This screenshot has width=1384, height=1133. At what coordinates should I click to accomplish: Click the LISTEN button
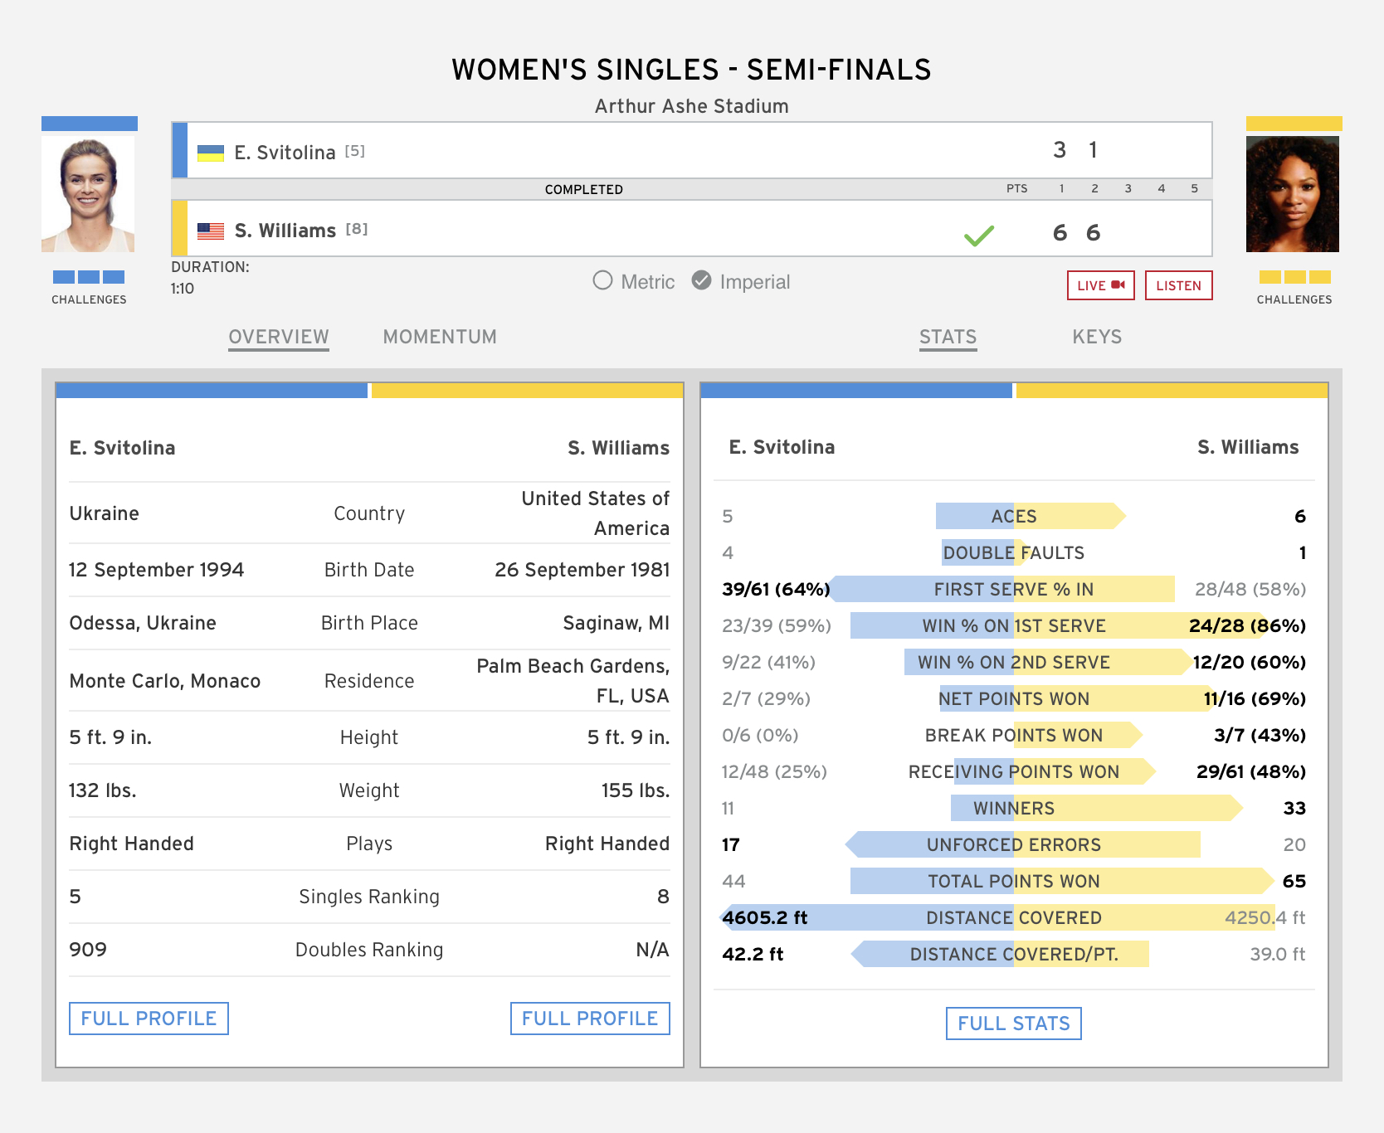1178,285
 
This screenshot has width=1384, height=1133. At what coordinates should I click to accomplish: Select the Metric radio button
603,281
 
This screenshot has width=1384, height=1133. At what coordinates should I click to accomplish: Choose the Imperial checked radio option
702,281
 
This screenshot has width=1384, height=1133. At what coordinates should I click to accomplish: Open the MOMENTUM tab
440,337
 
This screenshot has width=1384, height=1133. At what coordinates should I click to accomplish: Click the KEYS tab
1097,337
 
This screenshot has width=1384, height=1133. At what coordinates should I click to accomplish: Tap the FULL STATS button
1013,1024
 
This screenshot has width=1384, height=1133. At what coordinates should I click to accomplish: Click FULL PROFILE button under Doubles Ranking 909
149,1019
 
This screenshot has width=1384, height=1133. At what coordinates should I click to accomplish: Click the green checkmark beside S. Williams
979,236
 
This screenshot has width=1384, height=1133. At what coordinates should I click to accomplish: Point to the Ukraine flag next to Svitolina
211,153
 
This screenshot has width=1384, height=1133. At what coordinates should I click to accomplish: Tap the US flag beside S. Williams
211,231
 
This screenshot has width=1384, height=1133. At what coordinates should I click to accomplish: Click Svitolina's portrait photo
88,194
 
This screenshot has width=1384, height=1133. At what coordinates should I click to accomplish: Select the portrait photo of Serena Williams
1293,194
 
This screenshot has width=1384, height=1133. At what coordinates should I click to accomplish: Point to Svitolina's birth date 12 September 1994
156,570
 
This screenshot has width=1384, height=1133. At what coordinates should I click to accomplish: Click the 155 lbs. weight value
635,790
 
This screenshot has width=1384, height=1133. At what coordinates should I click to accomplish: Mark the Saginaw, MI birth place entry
616,623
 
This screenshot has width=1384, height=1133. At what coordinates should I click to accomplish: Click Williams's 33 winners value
1294,808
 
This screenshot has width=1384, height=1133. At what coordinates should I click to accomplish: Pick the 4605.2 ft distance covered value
764,917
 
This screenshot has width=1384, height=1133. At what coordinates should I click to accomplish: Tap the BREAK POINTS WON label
1013,735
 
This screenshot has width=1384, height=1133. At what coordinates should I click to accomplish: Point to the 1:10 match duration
183,289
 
